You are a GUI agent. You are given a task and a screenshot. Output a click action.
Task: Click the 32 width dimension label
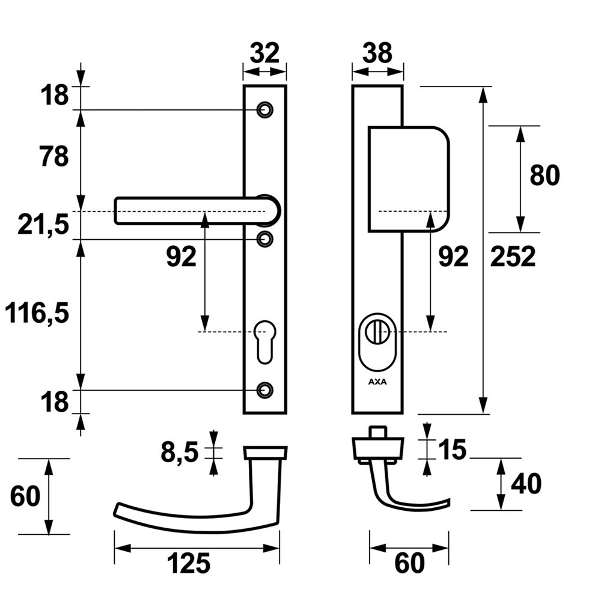click(x=264, y=53)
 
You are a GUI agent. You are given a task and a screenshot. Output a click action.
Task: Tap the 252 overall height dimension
click(x=513, y=257)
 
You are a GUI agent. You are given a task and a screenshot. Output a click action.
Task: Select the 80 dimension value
click(x=545, y=175)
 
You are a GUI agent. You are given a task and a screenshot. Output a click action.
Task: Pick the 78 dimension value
click(x=53, y=157)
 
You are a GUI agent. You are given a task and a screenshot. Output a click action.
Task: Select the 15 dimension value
click(x=451, y=450)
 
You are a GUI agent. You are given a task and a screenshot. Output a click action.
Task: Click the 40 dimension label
click(x=526, y=484)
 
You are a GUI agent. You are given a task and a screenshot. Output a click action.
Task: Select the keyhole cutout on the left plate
click(x=264, y=341)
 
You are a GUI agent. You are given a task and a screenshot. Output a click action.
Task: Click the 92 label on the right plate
click(x=453, y=257)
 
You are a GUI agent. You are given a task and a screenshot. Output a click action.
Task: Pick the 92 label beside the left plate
click(x=181, y=257)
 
